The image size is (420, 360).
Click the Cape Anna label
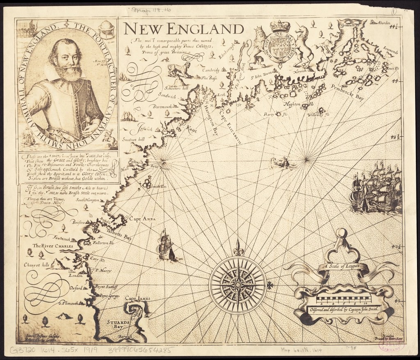[142, 219]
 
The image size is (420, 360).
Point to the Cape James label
[137, 298]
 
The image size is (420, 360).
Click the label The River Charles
[52, 246]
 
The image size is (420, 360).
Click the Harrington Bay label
[210, 119]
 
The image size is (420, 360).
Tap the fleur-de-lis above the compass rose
[237, 248]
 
